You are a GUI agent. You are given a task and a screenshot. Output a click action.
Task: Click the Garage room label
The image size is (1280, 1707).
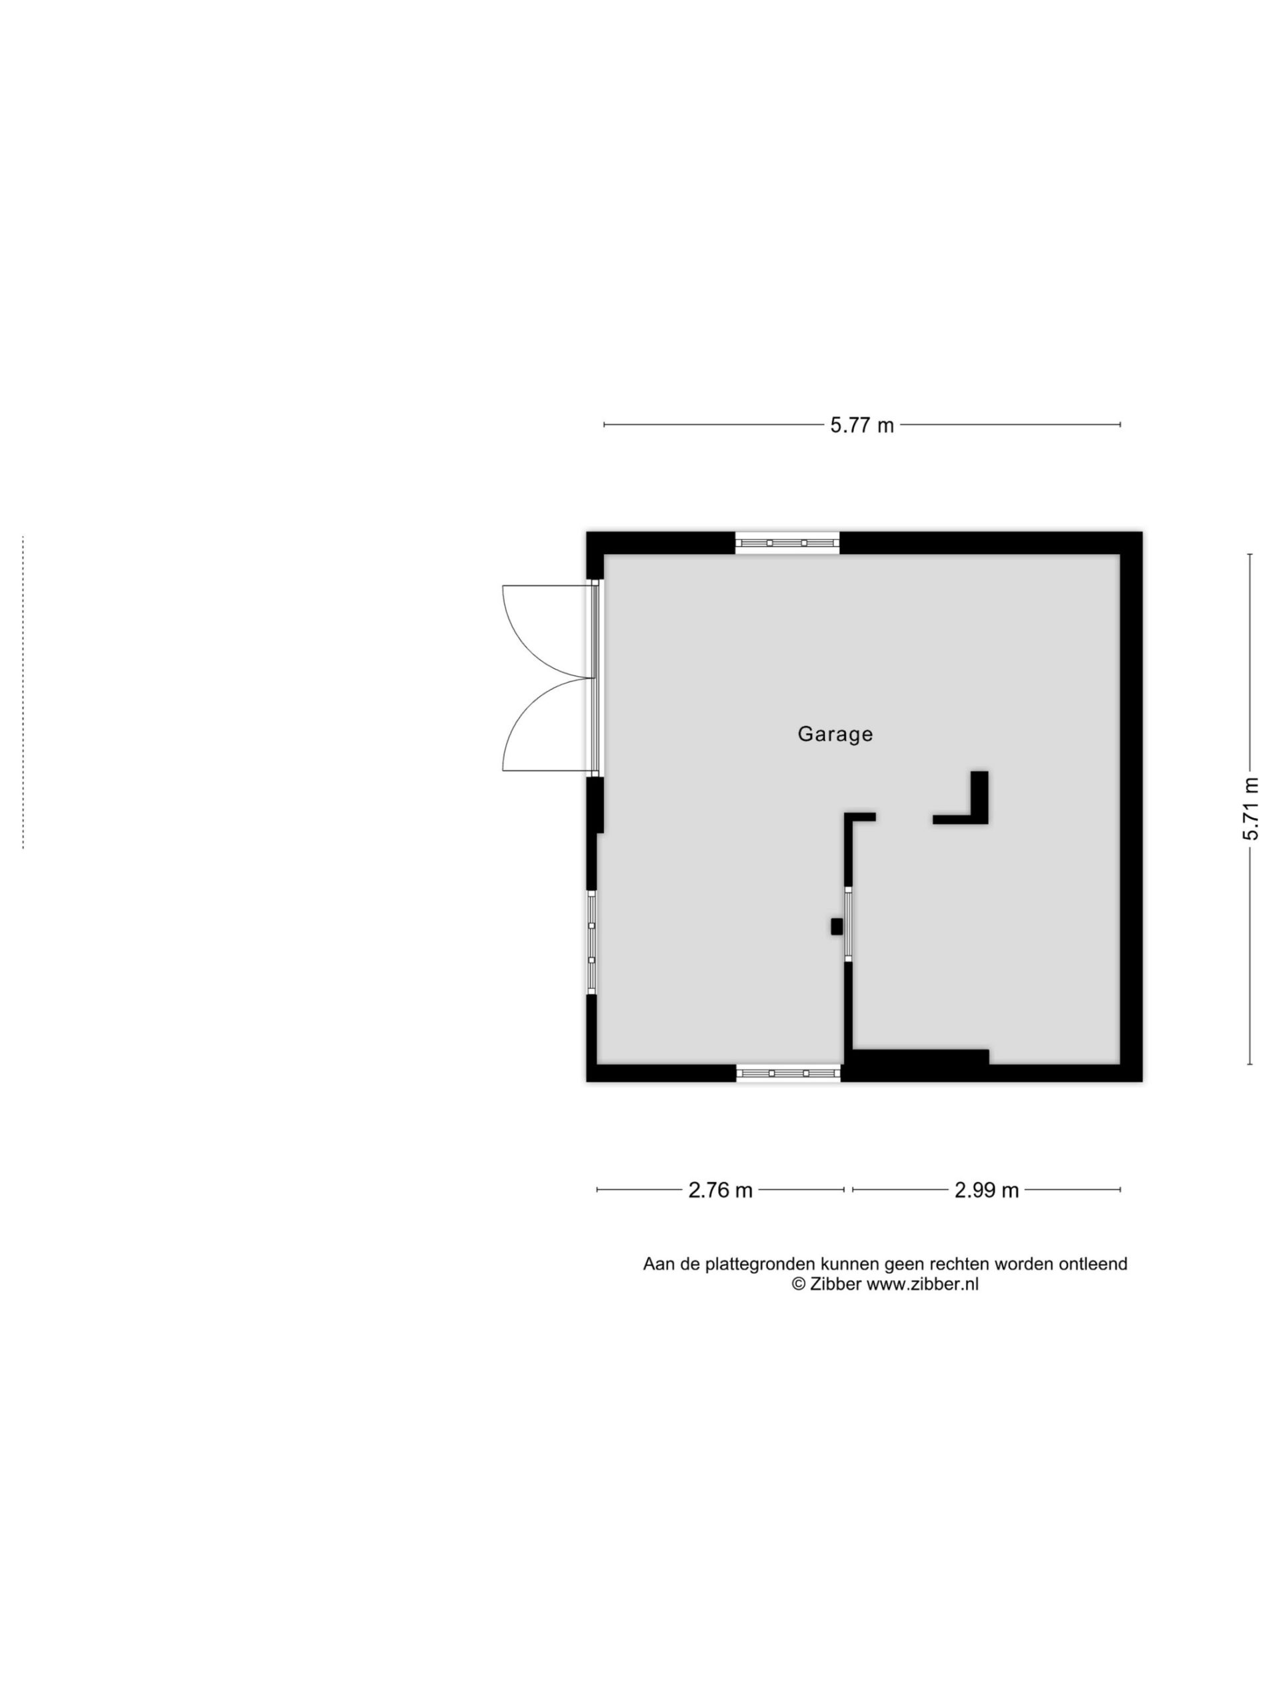pos(835,734)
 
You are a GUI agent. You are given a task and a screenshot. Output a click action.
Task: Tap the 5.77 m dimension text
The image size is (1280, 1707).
pos(862,425)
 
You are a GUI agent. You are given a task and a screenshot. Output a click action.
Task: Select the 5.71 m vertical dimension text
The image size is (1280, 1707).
pos(1251,809)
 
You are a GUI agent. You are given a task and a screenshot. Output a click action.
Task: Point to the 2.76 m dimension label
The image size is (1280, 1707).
pos(720,1190)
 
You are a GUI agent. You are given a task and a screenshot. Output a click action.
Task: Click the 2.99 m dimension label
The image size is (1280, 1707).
pos(987,1190)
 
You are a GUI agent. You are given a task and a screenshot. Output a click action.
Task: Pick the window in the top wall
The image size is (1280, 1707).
pos(787,543)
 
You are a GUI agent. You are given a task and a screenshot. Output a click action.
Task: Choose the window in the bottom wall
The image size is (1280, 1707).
pos(788,1073)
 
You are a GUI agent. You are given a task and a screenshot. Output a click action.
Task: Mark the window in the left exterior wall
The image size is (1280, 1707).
pos(592,942)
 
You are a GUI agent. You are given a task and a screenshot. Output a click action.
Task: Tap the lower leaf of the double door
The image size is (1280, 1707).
pos(548,725)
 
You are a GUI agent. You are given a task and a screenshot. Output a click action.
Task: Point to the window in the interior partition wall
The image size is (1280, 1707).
pos(848,924)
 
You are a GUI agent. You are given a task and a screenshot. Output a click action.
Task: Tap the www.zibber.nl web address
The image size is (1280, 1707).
pos(923,1284)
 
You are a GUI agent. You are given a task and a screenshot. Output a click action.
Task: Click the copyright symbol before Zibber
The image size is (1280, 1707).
pos(799,1284)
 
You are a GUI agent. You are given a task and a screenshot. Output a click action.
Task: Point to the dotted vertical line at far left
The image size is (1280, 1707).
pos(23,692)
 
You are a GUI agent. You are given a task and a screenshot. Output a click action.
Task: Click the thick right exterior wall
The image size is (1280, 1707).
pos(1131,806)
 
